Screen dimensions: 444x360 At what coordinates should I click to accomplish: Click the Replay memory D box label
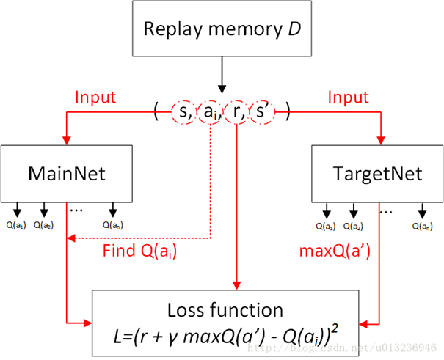click(222, 29)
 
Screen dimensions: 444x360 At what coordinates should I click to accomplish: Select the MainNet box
click(67, 174)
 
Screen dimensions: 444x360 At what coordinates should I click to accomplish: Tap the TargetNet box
click(377, 174)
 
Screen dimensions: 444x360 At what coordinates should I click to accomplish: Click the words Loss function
click(225, 310)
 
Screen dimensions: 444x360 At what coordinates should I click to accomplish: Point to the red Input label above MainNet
click(95, 98)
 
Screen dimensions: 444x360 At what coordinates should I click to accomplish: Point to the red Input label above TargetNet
click(348, 98)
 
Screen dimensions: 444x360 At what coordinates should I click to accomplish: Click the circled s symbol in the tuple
click(183, 112)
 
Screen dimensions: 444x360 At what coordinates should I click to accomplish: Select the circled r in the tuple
click(237, 112)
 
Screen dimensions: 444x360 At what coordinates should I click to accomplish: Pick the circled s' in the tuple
click(262, 112)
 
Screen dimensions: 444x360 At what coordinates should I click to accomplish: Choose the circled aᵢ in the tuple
click(210, 112)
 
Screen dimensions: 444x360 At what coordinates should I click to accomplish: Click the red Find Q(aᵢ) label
click(139, 251)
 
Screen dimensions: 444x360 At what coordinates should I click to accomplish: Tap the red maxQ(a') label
click(335, 251)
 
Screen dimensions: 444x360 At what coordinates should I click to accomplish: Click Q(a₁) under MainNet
click(16, 225)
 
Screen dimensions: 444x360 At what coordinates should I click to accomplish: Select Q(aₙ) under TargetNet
click(423, 227)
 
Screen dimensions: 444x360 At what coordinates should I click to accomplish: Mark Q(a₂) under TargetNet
click(353, 227)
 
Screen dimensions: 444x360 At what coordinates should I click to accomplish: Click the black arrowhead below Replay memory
click(222, 89)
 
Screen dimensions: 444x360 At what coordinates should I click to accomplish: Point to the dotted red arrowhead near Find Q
click(70, 238)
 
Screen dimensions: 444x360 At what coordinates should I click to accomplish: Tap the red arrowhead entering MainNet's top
click(67, 141)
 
